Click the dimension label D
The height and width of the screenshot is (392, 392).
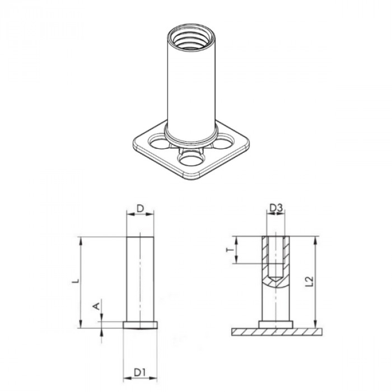pyautogui.click(x=141, y=209)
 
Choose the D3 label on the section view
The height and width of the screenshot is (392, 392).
pyautogui.click(x=276, y=209)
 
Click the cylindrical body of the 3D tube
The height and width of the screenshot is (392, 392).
pyautogui.click(x=191, y=84)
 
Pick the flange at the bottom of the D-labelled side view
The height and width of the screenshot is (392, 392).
pyautogui.click(x=141, y=324)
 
